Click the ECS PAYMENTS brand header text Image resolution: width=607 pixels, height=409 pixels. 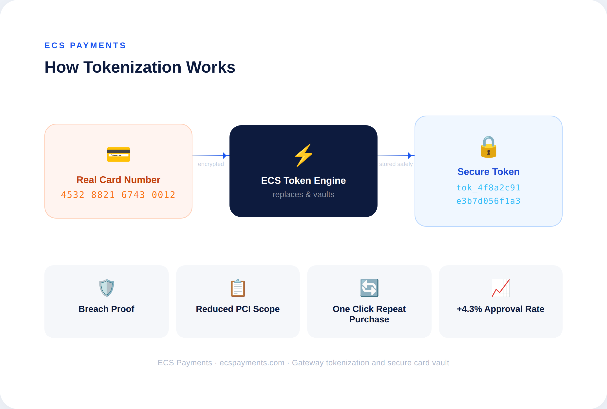85,45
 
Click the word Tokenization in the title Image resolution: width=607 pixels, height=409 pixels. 132,67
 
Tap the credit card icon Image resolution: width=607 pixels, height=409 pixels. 118,154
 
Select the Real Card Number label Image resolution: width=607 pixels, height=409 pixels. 118,180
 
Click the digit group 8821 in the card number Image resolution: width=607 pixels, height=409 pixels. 103,195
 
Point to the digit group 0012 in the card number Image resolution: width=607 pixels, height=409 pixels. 164,195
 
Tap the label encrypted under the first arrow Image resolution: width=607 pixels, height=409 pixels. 211,164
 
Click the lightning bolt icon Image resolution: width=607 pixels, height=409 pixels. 303,155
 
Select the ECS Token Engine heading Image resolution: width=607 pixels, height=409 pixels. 303,181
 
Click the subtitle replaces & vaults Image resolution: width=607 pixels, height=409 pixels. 303,194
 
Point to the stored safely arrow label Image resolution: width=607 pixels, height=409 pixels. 396,164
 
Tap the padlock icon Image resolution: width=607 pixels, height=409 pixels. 489,147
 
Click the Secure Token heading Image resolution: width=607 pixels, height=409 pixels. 489,172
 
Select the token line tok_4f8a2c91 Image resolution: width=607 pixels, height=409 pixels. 489,187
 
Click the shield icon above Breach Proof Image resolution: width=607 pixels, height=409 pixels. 107,288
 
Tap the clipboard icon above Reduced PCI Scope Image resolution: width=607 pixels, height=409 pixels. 238,288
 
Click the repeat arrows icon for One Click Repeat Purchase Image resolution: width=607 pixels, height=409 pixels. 369,288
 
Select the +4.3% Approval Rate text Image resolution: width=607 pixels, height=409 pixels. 500,309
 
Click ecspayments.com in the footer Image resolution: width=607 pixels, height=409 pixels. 252,363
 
